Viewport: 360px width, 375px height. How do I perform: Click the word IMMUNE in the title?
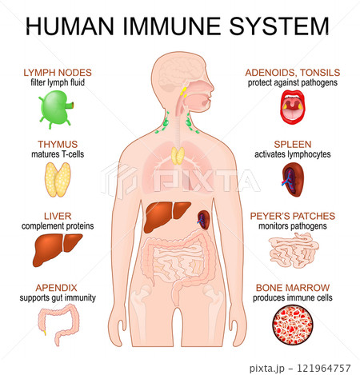172,26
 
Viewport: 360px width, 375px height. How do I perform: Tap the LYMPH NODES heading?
58,73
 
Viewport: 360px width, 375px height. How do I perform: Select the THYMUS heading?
58,144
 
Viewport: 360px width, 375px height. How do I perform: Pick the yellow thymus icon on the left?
58,180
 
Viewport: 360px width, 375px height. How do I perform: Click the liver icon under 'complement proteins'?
58,249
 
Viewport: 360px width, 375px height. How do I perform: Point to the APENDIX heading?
56,288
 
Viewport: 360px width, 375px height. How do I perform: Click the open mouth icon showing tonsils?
293,107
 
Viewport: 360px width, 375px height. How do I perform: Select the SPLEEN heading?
293,144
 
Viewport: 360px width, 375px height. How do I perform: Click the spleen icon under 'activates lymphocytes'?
293,180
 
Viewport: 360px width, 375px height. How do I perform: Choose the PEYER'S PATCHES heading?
293,216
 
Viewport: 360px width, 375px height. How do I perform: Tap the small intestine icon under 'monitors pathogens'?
294,250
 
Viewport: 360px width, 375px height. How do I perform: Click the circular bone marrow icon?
293,325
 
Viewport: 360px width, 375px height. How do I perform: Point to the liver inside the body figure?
166,216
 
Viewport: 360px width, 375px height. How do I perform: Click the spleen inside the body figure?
204,220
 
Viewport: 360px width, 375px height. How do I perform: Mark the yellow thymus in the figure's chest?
178,156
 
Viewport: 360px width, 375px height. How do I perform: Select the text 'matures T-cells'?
58,154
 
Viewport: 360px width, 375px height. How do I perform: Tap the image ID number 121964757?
324,369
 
